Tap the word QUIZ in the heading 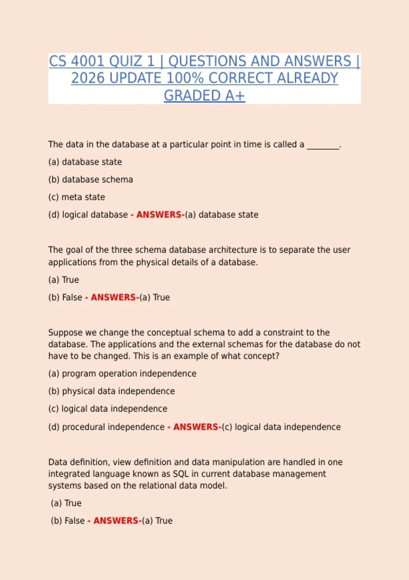click(126, 61)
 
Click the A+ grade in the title click(235, 96)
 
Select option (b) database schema click(91, 179)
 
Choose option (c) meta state click(77, 197)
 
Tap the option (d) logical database click(88, 215)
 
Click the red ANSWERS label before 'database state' click(159, 215)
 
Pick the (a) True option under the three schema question click(64, 280)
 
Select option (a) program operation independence click(122, 374)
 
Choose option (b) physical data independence click(111, 391)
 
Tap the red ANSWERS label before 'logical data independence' click(196, 427)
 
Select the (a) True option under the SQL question click(66, 503)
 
